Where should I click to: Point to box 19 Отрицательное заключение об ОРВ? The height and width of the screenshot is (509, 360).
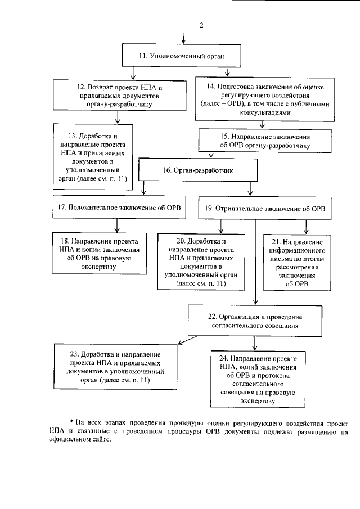[264, 208]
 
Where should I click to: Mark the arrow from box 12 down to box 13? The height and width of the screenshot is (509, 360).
[117, 117]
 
